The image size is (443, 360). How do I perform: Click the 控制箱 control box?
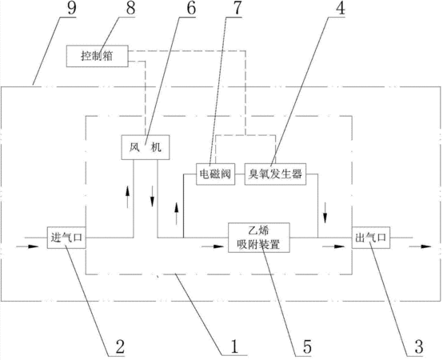[98, 56]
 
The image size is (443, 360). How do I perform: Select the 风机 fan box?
[146, 147]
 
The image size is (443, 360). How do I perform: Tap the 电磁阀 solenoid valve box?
[216, 174]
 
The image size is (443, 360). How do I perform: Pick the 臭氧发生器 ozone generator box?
[275, 174]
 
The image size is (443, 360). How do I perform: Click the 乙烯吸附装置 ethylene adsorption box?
[259, 238]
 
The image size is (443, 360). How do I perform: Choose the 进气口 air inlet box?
[66, 238]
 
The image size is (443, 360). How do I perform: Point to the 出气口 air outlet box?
[371, 238]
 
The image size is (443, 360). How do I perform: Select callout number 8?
[130, 8]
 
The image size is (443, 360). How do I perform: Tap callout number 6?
[191, 8]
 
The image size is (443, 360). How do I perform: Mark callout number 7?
[237, 8]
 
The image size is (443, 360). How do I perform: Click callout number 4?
[340, 8]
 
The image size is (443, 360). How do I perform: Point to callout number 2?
[120, 346]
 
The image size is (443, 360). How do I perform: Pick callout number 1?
[235, 346]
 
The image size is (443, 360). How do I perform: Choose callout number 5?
[307, 346]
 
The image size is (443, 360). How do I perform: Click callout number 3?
[419, 346]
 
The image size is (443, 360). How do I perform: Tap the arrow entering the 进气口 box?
[27, 246]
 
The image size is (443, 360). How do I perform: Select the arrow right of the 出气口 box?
[420, 246]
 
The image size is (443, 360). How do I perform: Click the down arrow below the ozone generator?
[325, 213]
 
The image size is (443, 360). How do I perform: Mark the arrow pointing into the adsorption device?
[213, 246]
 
